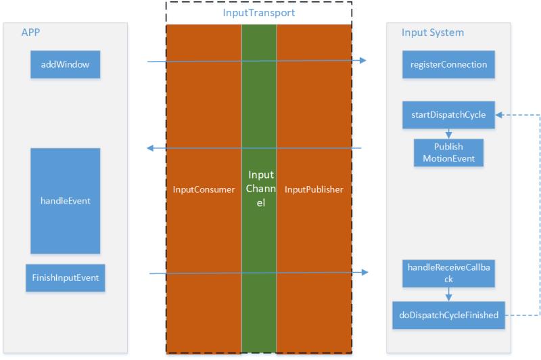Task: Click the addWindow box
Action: click(x=65, y=65)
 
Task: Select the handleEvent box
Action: click(x=65, y=201)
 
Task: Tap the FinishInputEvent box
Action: click(x=66, y=278)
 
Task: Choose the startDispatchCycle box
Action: click(x=449, y=115)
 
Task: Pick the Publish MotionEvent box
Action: click(x=449, y=153)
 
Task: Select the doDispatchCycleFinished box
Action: click(x=449, y=315)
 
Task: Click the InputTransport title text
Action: click(x=259, y=12)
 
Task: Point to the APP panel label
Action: click(x=31, y=32)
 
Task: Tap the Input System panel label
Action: click(x=433, y=32)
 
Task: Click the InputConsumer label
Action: click(x=204, y=189)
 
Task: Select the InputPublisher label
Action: click(x=314, y=189)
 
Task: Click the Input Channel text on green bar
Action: click(x=260, y=189)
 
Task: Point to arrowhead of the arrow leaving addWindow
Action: click(x=362, y=61)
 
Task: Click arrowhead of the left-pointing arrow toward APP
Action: click(x=152, y=148)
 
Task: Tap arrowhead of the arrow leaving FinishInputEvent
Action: click(x=366, y=272)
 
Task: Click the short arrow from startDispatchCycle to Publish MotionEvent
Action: click(x=449, y=134)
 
